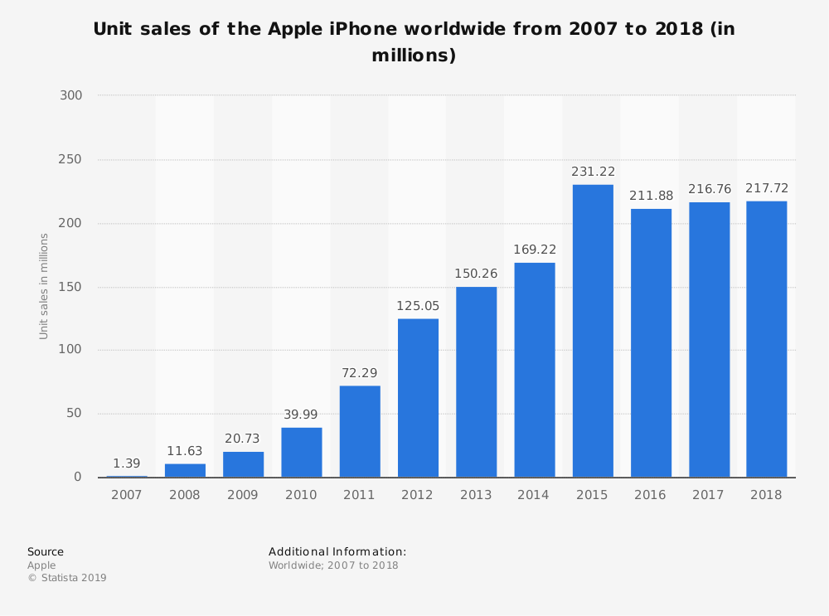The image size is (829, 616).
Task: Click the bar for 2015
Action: pyautogui.click(x=593, y=331)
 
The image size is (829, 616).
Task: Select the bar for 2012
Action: pyautogui.click(x=418, y=398)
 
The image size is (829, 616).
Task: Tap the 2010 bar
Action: pyautogui.click(x=302, y=453)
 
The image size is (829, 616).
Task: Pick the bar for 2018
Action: pyautogui.click(x=767, y=339)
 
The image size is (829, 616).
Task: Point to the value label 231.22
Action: pyautogui.click(x=594, y=172)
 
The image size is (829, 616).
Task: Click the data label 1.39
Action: pyautogui.click(x=127, y=463)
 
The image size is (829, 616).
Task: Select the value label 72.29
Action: pyautogui.click(x=360, y=373)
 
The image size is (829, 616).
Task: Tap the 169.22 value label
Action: pyautogui.click(x=535, y=250)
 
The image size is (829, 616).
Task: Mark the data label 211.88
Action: pyautogui.click(x=652, y=196)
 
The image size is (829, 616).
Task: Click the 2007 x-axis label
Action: pyautogui.click(x=126, y=495)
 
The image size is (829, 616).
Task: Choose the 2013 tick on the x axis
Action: pyautogui.click(x=476, y=495)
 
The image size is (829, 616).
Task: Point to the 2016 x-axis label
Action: pyautogui.click(x=650, y=495)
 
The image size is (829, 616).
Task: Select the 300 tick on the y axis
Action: pyautogui.click(x=70, y=95)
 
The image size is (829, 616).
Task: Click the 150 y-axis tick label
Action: pyautogui.click(x=70, y=287)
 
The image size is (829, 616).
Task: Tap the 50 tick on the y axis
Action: pyautogui.click(x=74, y=414)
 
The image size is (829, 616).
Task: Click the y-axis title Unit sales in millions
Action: pyautogui.click(x=43, y=287)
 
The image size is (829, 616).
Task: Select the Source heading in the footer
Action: pyautogui.click(x=46, y=552)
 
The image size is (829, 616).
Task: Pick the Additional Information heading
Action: pyautogui.click(x=337, y=552)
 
